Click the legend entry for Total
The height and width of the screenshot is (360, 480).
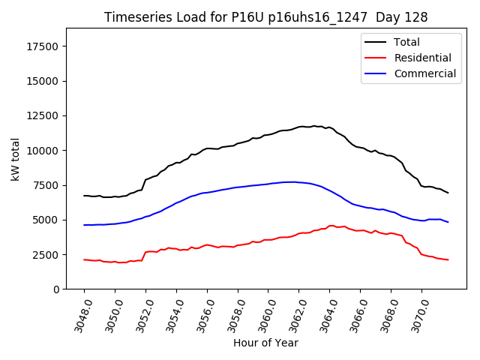coord(406,42)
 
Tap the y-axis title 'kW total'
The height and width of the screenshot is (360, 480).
coord(16,159)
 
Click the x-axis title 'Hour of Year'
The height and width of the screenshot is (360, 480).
coord(265,343)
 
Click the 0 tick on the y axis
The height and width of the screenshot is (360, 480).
coord(56,289)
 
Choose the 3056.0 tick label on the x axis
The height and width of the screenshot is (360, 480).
coord(200,314)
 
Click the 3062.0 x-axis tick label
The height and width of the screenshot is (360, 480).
coord(292,314)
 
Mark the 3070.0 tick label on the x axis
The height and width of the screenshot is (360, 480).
coord(415,314)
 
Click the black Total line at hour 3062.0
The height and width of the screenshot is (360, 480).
coord(298,127)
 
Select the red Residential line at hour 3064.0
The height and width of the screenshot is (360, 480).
coord(329,226)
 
